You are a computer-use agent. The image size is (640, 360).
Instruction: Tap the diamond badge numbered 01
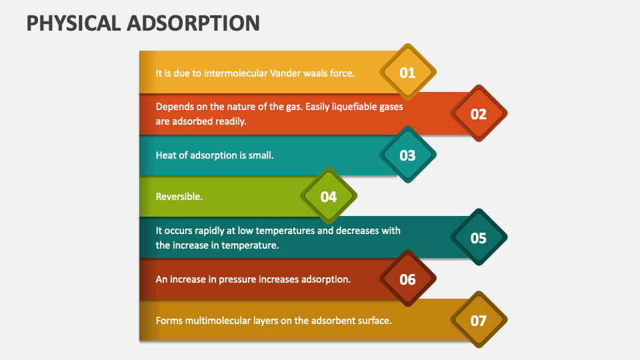point(407,73)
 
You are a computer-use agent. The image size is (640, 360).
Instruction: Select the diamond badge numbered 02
point(479,114)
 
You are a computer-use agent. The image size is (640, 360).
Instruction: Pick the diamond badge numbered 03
point(407,155)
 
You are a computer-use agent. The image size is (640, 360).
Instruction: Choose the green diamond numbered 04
point(329,197)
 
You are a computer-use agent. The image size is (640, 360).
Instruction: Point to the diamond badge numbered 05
point(479,238)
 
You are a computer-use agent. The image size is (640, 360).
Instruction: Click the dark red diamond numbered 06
point(407,279)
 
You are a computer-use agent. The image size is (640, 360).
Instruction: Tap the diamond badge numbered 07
point(479,321)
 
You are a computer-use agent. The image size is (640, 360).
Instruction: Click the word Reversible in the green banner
point(179,197)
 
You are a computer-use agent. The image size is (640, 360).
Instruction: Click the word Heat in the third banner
point(166,155)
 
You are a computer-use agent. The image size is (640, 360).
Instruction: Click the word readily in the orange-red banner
point(231,121)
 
